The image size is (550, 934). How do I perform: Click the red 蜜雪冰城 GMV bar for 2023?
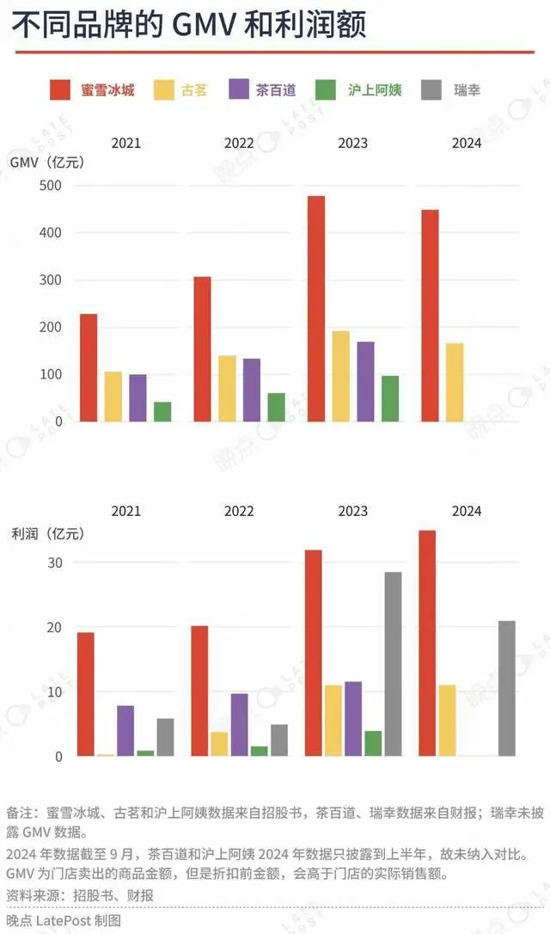pyautogui.click(x=315, y=309)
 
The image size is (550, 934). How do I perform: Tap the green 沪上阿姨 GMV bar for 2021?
pyautogui.click(x=162, y=411)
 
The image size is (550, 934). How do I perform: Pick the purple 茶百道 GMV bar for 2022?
pyautogui.click(x=251, y=390)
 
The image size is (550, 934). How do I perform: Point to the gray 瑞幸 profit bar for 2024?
pyautogui.click(x=506, y=688)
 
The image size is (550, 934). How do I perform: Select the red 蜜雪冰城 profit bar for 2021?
pyautogui.click(x=86, y=694)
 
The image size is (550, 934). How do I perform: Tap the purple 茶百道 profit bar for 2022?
pyautogui.click(x=239, y=724)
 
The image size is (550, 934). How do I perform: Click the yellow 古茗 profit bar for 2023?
pyautogui.click(x=333, y=720)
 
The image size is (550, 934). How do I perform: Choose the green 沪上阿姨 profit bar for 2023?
pyautogui.click(x=373, y=743)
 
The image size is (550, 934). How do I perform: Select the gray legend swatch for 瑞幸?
pyautogui.click(x=432, y=89)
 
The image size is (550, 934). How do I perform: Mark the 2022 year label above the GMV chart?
pyautogui.click(x=239, y=144)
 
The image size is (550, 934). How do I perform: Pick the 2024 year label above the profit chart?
pyautogui.click(x=467, y=511)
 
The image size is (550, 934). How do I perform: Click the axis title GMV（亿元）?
pyautogui.click(x=47, y=162)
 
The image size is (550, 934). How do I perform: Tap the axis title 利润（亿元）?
pyautogui.click(x=46, y=533)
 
